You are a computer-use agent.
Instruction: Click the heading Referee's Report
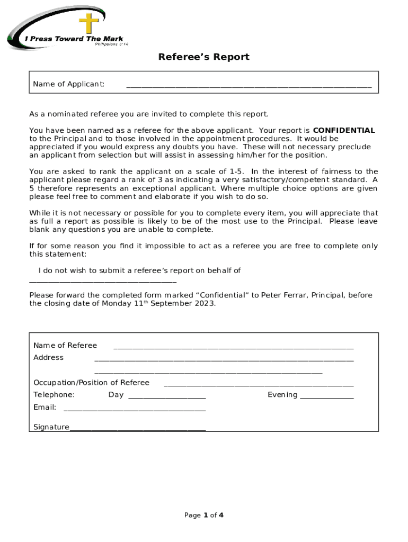click(x=203, y=57)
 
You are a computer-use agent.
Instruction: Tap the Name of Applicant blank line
click(x=249, y=86)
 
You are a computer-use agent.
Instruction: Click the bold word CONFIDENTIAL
click(x=344, y=130)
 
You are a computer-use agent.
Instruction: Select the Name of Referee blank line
click(x=233, y=348)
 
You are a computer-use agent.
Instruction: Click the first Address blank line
click(x=224, y=360)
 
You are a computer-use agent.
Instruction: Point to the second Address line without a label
click(x=208, y=373)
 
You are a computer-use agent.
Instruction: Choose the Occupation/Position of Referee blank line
click(x=259, y=385)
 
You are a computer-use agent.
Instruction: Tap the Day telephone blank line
click(x=167, y=397)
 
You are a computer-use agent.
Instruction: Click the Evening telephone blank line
click(x=326, y=397)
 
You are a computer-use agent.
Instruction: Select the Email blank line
click(x=134, y=410)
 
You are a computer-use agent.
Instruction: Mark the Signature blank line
click(x=137, y=429)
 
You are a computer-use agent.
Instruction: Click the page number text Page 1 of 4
click(x=203, y=515)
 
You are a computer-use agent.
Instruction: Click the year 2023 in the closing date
click(x=205, y=304)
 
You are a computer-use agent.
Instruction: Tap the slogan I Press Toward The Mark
click(x=74, y=39)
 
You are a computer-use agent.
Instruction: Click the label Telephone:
click(x=54, y=395)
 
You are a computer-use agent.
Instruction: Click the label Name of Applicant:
click(x=68, y=84)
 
